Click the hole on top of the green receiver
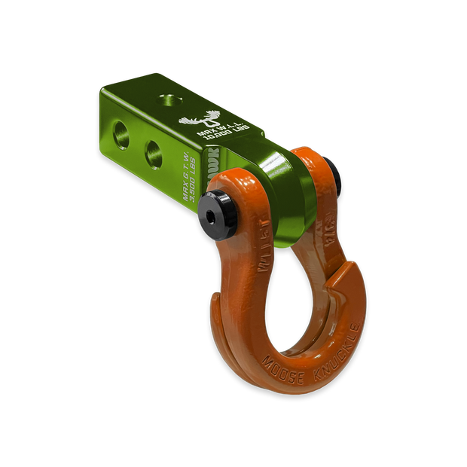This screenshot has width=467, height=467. [166, 96]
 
